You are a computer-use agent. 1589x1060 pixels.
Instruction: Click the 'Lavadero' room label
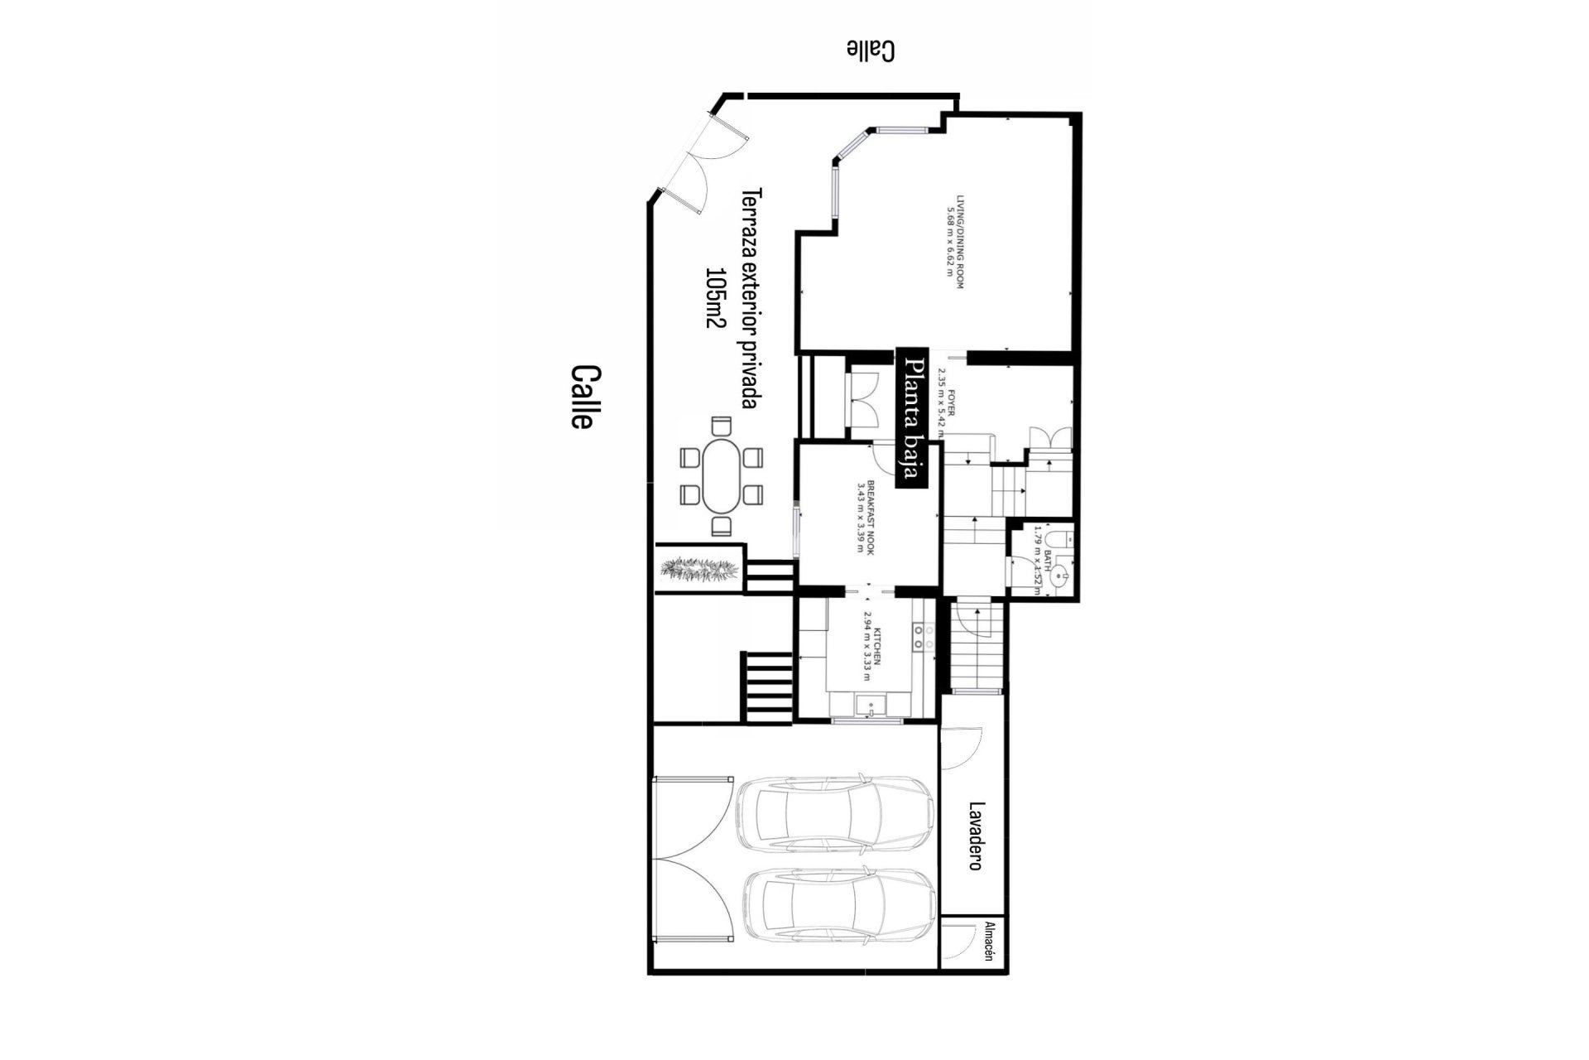[976, 836]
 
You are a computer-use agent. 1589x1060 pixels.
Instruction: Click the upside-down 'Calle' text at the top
[871, 51]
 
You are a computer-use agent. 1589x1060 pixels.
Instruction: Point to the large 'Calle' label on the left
[582, 397]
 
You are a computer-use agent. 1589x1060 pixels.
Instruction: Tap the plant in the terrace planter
[699, 568]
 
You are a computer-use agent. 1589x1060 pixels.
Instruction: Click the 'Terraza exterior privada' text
[751, 298]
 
